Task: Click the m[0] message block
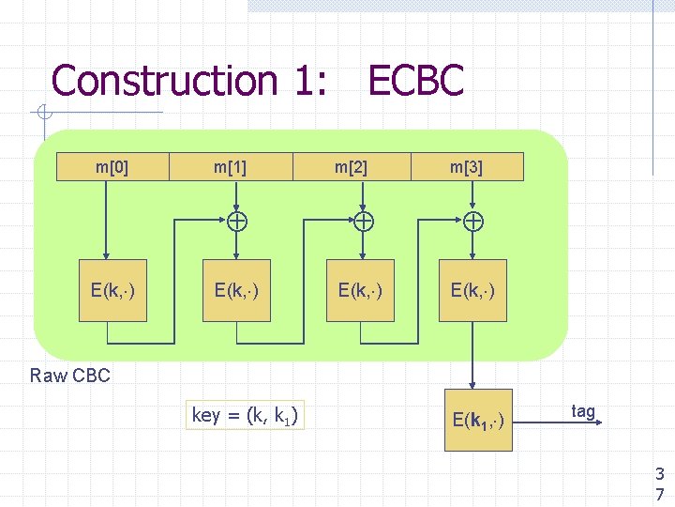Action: coord(112,167)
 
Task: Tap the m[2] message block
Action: coord(352,167)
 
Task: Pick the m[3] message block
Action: coord(467,167)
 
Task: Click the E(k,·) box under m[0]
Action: coord(112,290)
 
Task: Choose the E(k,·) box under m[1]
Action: coord(236,290)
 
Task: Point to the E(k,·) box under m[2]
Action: coord(360,290)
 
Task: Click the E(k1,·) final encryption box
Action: coord(478,420)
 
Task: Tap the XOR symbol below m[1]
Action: coord(237,223)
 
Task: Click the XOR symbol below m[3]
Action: coord(474,223)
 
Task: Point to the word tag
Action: coord(583,411)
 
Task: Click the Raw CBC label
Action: coord(70,376)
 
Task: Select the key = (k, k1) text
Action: coord(246,415)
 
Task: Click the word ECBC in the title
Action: coord(415,81)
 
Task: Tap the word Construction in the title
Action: coord(163,81)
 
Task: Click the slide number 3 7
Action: coord(660,483)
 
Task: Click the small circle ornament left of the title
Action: coord(43,115)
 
